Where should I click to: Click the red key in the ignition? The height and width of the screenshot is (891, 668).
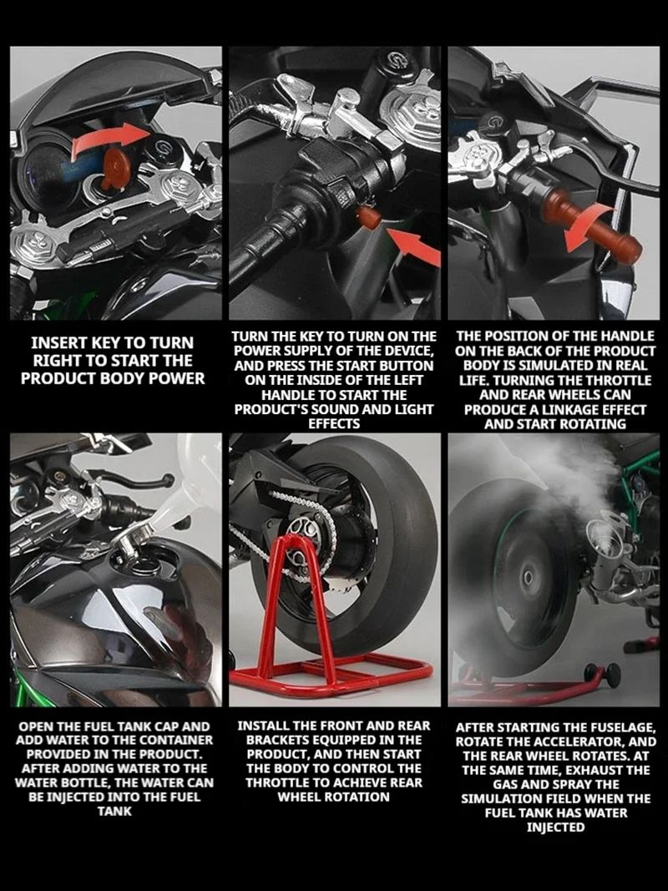[x=116, y=168]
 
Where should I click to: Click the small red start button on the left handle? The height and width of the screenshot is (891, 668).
[x=368, y=218]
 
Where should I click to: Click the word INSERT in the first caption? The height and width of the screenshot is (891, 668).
[x=56, y=342]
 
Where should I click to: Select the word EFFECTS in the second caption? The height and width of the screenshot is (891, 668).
[x=334, y=424]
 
